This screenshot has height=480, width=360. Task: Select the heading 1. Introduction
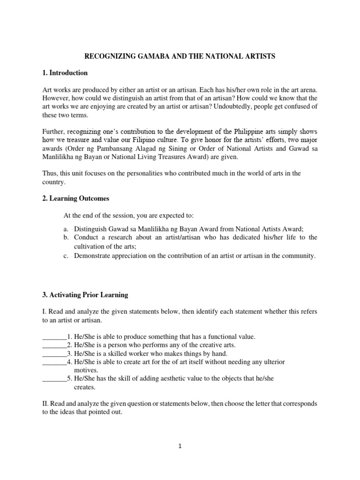pyautogui.click(x=65, y=73)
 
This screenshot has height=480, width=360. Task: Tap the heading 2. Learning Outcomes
pyautogui.click(x=76, y=198)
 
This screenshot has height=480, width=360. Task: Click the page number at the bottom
pyautogui.click(x=180, y=446)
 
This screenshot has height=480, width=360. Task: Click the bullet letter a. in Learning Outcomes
pyautogui.click(x=66, y=229)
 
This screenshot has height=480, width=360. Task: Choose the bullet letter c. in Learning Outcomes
pyautogui.click(x=66, y=255)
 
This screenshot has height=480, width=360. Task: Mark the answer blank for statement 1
pyautogui.click(x=54, y=337)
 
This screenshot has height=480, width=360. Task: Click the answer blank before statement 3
pyautogui.click(x=54, y=353)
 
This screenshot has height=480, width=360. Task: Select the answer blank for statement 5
pyautogui.click(x=54, y=379)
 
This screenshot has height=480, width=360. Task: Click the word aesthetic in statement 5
pyautogui.click(x=169, y=379)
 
